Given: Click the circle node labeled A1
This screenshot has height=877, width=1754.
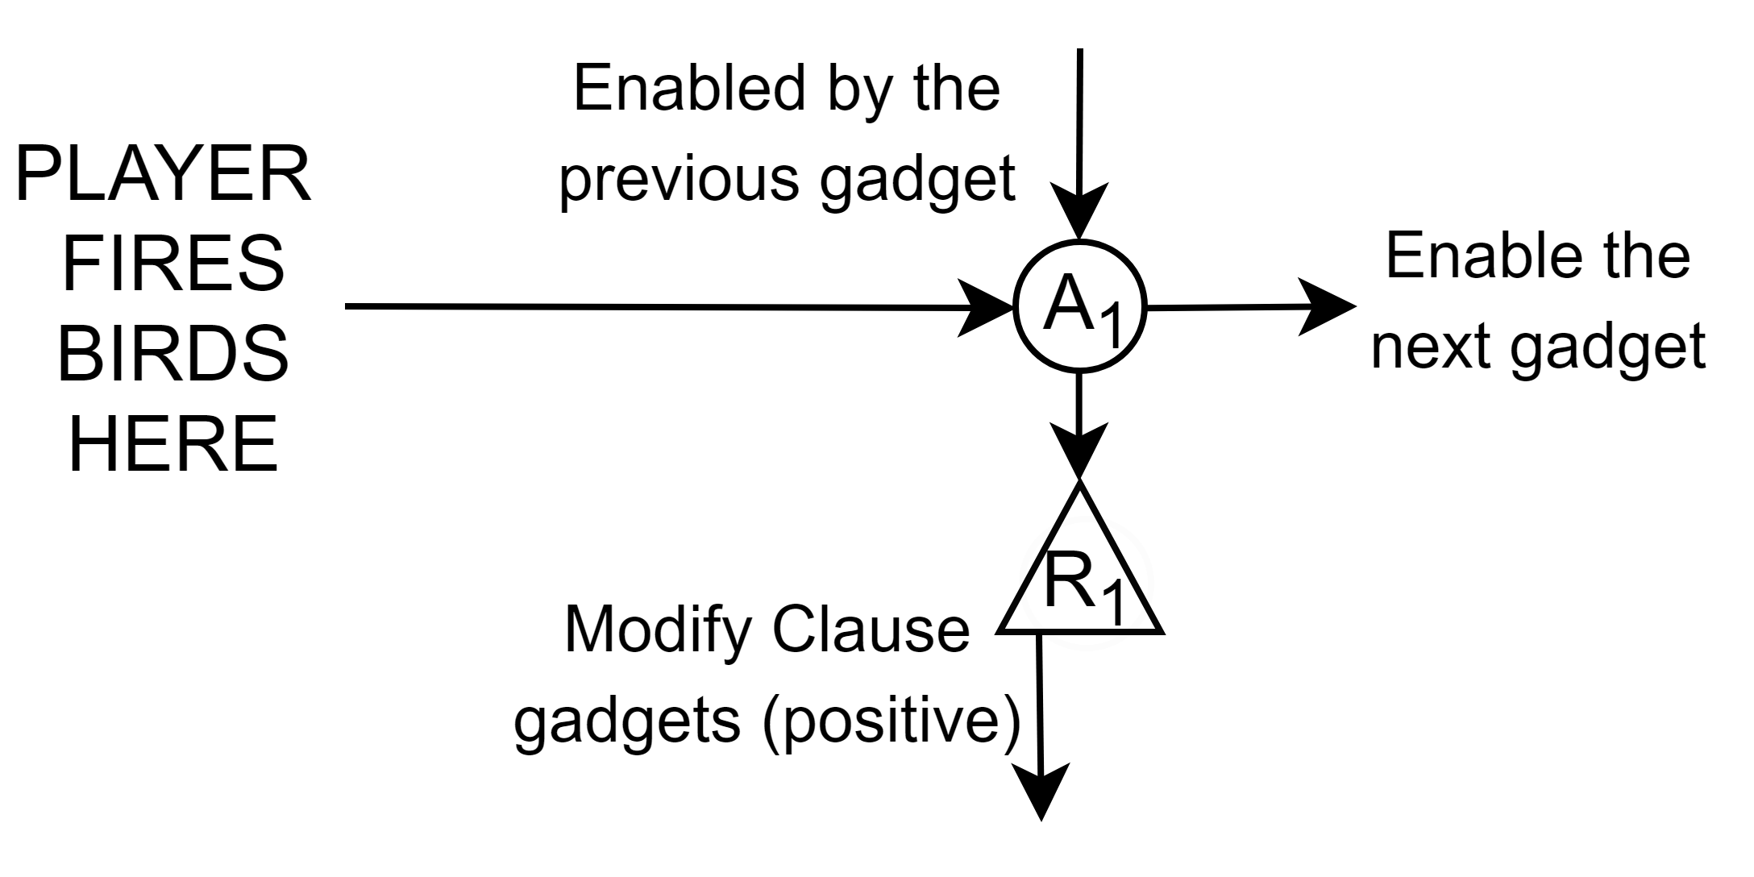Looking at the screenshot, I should click(1079, 306).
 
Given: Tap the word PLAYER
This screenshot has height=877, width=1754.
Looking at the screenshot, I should click(164, 177).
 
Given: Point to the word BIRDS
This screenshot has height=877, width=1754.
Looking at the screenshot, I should click(172, 355).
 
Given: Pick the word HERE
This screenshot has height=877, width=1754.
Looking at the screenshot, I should click(173, 444).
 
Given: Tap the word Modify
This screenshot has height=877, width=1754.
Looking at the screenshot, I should click(655, 630).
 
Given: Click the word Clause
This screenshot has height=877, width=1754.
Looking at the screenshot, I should click(871, 630).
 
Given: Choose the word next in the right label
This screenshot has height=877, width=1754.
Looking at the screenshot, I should click(1430, 347).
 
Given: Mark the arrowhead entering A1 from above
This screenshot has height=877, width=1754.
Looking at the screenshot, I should click(1079, 214).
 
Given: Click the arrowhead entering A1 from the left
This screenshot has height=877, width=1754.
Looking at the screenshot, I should click(985, 307).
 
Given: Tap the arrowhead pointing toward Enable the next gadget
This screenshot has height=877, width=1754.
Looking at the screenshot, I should click(1326, 306).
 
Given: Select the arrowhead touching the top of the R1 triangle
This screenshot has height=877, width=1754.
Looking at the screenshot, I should click(1079, 451).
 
